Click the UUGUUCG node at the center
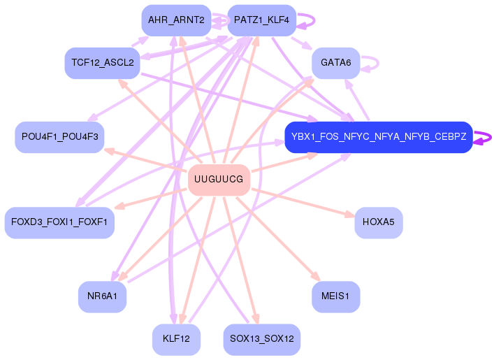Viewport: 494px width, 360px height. (219, 180)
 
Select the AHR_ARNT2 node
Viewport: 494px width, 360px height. (175, 20)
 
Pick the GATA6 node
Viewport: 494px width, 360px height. (335, 63)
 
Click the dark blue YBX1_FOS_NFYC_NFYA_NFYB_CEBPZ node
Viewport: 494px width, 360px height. (378, 137)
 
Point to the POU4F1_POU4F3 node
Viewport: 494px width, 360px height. (59, 137)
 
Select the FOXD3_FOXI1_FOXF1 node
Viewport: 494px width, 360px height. (59, 222)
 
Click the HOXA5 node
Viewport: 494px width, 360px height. (378, 222)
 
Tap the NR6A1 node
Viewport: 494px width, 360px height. (102, 296)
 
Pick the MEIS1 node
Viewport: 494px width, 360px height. (335, 296)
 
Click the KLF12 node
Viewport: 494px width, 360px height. (176, 339)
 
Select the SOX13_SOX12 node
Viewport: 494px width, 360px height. (261, 339)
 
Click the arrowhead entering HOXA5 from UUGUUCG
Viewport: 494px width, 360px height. (350, 215)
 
